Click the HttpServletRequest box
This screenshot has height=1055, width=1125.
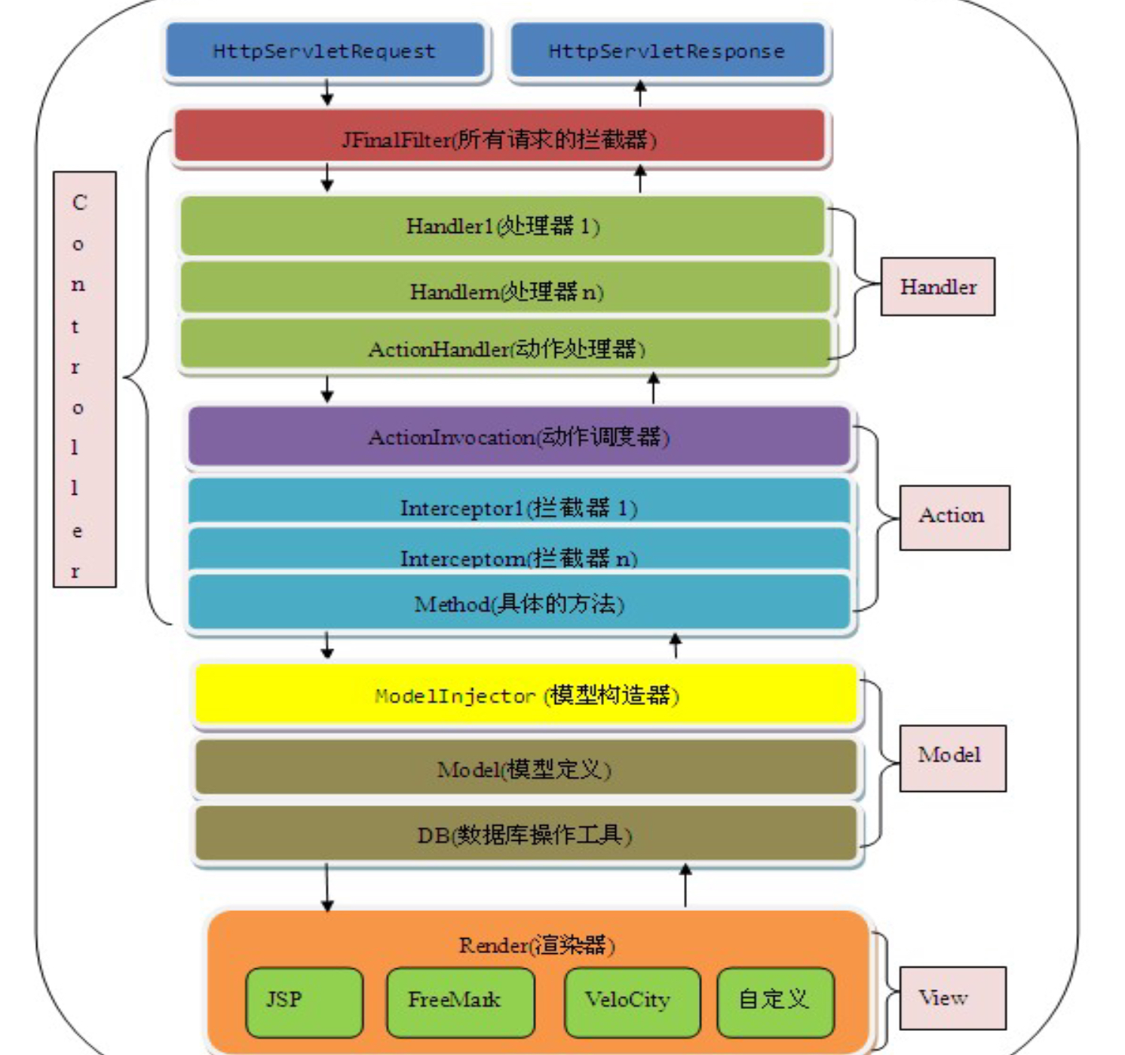coord(324,51)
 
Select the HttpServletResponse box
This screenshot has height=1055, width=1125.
coord(667,51)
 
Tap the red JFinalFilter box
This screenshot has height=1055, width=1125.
coord(499,137)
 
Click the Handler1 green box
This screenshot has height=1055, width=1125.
coord(502,225)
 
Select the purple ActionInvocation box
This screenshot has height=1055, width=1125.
coord(519,436)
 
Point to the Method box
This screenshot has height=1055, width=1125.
coord(519,603)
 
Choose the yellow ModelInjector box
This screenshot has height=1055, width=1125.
coord(526,695)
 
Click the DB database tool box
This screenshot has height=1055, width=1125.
coord(525,834)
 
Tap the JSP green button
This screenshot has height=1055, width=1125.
coord(304,1000)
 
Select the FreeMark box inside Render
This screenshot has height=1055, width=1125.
coord(460,1000)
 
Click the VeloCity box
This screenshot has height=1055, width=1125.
coord(632,1000)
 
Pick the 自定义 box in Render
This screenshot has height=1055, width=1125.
coord(775,1000)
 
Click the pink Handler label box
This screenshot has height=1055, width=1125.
coord(937,287)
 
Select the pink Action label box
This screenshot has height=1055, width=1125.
coord(954,517)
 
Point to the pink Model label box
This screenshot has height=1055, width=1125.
coord(952,757)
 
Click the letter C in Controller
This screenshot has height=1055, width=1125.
coord(79,203)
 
